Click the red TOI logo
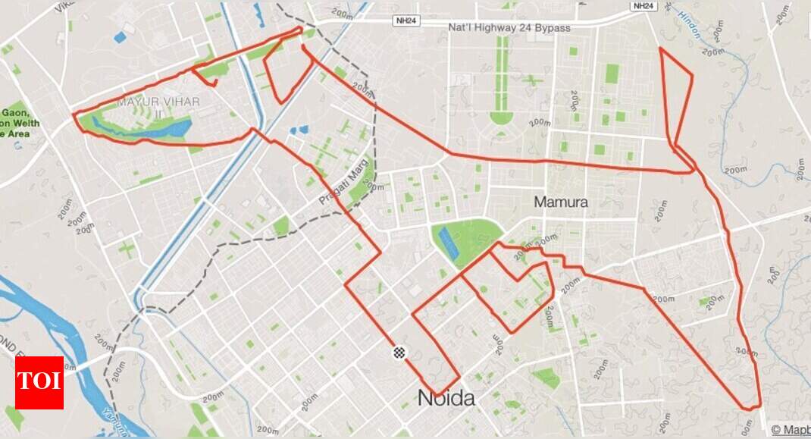[39, 382]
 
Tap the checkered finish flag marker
[399, 353]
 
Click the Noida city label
[446, 398]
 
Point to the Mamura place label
[561, 202]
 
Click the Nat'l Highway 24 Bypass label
[509, 27]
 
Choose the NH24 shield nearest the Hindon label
[642, 5]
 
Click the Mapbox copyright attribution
[791, 429]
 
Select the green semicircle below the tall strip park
[501, 118]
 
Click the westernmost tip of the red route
[74, 115]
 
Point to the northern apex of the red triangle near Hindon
[661, 48]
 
